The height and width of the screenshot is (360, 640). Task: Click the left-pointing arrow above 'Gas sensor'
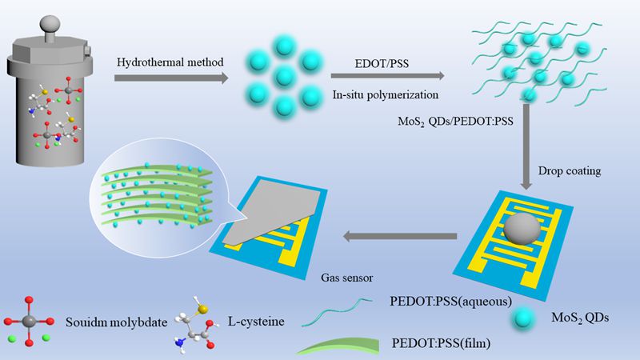[400, 236]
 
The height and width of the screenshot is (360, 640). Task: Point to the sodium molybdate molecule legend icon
[27, 323]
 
